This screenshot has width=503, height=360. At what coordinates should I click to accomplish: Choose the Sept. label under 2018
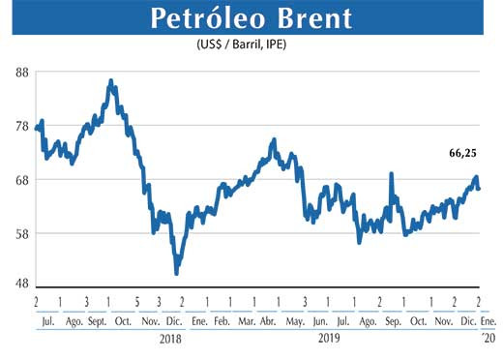(97, 320)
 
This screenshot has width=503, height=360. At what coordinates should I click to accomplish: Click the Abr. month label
(270, 320)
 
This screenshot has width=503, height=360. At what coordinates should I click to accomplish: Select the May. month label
(296, 320)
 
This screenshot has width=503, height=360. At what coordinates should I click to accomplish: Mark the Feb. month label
(221, 320)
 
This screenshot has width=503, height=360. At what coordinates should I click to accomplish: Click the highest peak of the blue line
(111, 81)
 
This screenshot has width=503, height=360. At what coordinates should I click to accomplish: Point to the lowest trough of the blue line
(176, 272)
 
